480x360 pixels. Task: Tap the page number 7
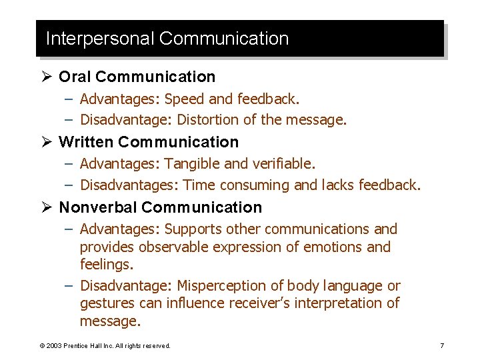tap(442, 345)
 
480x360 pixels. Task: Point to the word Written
tap(86, 142)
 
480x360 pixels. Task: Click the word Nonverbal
tap(98, 207)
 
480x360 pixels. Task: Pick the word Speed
tap(184, 99)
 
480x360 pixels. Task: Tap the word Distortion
tap(210, 120)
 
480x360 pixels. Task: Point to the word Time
tap(198, 185)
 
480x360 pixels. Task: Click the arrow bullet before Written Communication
tap(49, 142)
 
